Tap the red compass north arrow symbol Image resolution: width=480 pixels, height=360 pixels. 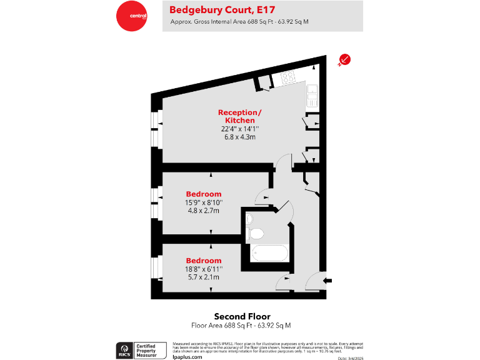(x=344, y=59)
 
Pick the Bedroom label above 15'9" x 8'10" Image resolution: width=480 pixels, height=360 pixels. (x=204, y=194)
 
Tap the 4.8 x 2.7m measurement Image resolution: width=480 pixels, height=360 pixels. (x=204, y=211)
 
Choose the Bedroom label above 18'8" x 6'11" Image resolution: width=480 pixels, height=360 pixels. (x=204, y=260)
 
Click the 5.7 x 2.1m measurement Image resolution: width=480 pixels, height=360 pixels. (x=204, y=277)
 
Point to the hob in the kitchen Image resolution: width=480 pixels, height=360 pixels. (x=288, y=78)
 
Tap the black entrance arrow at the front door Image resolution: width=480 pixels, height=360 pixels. (x=327, y=281)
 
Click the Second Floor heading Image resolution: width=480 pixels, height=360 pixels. (x=242, y=316)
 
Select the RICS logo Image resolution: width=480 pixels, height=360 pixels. (x=124, y=349)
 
